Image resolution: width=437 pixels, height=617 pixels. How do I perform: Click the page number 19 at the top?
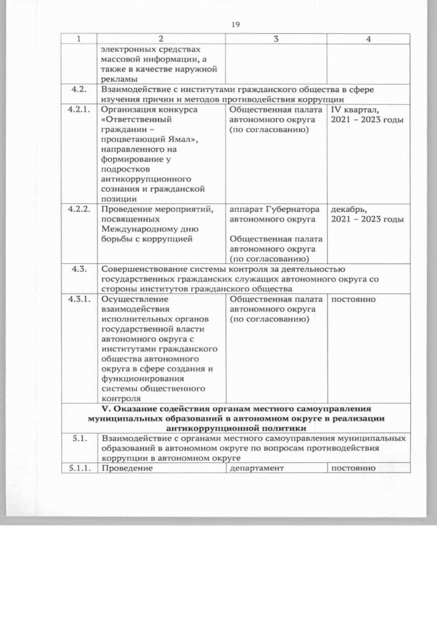point(236,25)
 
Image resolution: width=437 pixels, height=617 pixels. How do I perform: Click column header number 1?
point(79,39)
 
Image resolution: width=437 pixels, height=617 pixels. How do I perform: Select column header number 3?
point(277,39)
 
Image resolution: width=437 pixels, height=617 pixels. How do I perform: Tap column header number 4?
point(368,39)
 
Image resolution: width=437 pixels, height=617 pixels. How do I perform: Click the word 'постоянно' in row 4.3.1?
point(354,299)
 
